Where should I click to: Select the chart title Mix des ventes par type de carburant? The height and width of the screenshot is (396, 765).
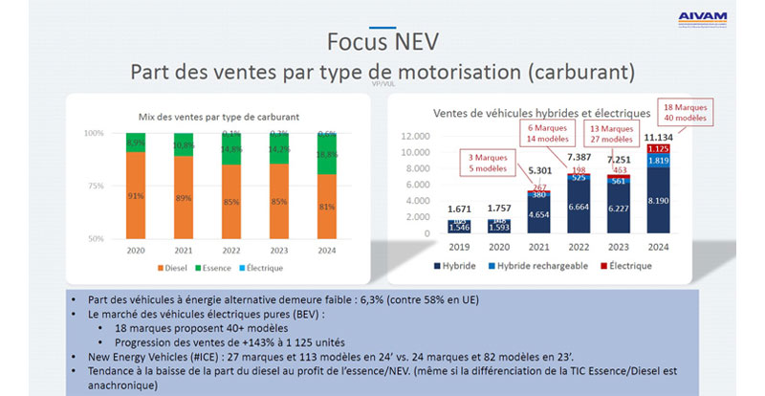215,116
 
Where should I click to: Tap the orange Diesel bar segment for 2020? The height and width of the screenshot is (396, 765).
136,196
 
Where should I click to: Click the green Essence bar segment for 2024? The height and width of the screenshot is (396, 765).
326,154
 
